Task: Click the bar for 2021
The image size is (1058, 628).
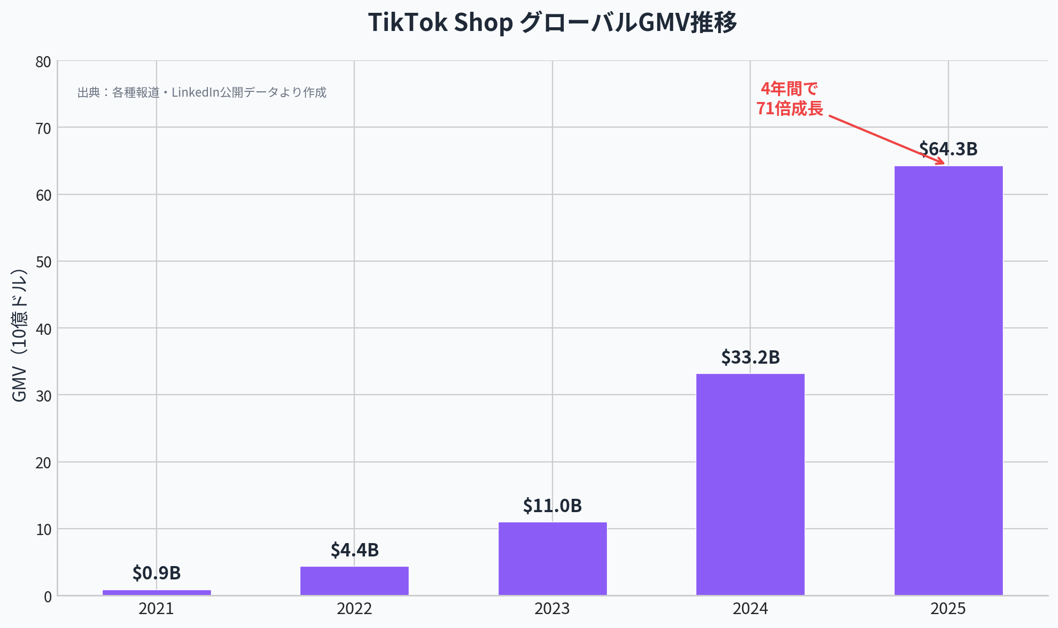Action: click(157, 592)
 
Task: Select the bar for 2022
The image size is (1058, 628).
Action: click(354, 580)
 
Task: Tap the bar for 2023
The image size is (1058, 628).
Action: click(553, 559)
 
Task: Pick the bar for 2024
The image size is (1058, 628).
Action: click(750, 484)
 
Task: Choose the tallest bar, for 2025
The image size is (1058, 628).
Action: click(948, 380)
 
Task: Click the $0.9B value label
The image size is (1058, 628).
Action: click(157, 573)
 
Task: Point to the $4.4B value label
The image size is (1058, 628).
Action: click(354, 550)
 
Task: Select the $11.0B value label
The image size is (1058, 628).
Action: click(553, 506)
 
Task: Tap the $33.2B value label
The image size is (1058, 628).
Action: click(750, 357)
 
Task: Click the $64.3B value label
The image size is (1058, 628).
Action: click(948, 149)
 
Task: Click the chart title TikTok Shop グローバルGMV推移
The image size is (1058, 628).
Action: click(553, 23)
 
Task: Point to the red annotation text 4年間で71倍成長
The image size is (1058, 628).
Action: click(789, 99)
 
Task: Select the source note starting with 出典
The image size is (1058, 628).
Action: click(202, 92)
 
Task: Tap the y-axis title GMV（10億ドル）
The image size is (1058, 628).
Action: click(19, 335)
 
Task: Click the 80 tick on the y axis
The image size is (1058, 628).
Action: click(43, 62)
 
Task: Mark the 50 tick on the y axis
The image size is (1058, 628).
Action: click(43, 262)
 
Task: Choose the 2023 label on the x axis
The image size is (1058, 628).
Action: click(553, 609)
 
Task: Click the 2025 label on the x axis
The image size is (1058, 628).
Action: click(948, 609)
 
